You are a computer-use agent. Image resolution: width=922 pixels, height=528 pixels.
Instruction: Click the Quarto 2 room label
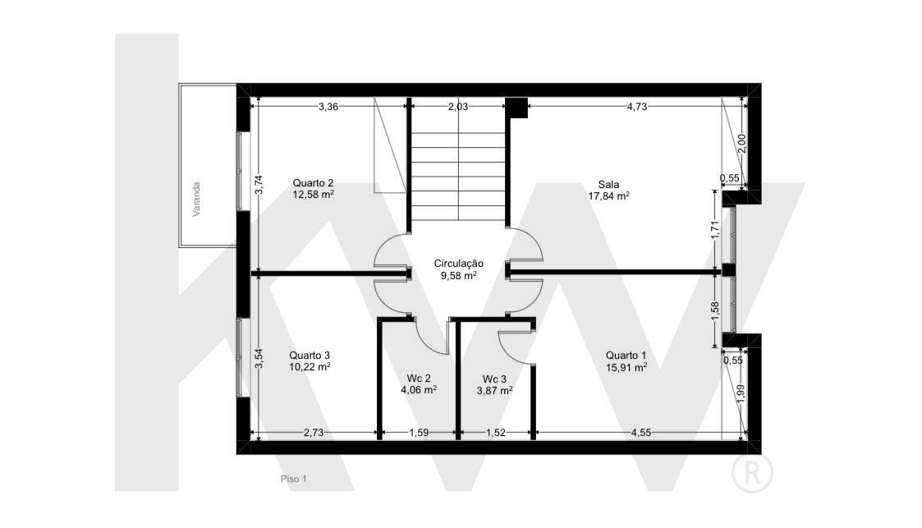coord(314,183)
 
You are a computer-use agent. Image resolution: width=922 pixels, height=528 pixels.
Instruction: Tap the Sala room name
coord(608,185)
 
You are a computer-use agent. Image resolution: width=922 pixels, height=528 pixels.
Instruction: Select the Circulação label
coord(459,264)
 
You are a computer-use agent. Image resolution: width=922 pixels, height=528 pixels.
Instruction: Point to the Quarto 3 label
coord(310,356)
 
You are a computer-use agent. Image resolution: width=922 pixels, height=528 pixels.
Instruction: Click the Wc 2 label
coord(419,379)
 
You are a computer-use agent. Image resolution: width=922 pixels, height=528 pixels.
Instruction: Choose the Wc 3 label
coord(494,379)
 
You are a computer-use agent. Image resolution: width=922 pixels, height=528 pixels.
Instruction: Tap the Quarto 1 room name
coord(626,356)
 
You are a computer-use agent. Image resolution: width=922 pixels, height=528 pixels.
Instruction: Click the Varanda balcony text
coord(196,199)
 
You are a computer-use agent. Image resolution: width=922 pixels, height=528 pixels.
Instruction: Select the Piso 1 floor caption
coord(293,480)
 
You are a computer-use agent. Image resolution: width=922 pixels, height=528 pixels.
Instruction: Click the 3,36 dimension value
coord(328,107)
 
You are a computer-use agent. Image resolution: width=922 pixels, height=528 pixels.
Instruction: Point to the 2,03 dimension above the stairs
coord(458,107)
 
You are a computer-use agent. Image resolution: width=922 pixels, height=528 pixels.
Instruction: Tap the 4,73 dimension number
coord(637,107)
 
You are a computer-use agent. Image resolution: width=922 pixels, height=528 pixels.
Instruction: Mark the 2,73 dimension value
coord(314,433)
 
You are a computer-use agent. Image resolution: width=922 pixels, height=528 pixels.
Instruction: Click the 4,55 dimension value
coord(641,433)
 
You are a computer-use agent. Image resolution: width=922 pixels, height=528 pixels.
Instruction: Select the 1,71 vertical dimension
coord(715,229)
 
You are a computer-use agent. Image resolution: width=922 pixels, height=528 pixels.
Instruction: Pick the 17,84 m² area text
coord(608,196)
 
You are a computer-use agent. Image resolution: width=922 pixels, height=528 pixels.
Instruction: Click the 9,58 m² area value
coord(459,275)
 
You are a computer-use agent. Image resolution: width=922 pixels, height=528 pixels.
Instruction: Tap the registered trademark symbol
coord(752,472)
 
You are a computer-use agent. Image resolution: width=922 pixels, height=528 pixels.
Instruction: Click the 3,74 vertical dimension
coord(259,186)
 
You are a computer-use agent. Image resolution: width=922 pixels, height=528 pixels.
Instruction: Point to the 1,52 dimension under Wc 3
coord(496,433)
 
